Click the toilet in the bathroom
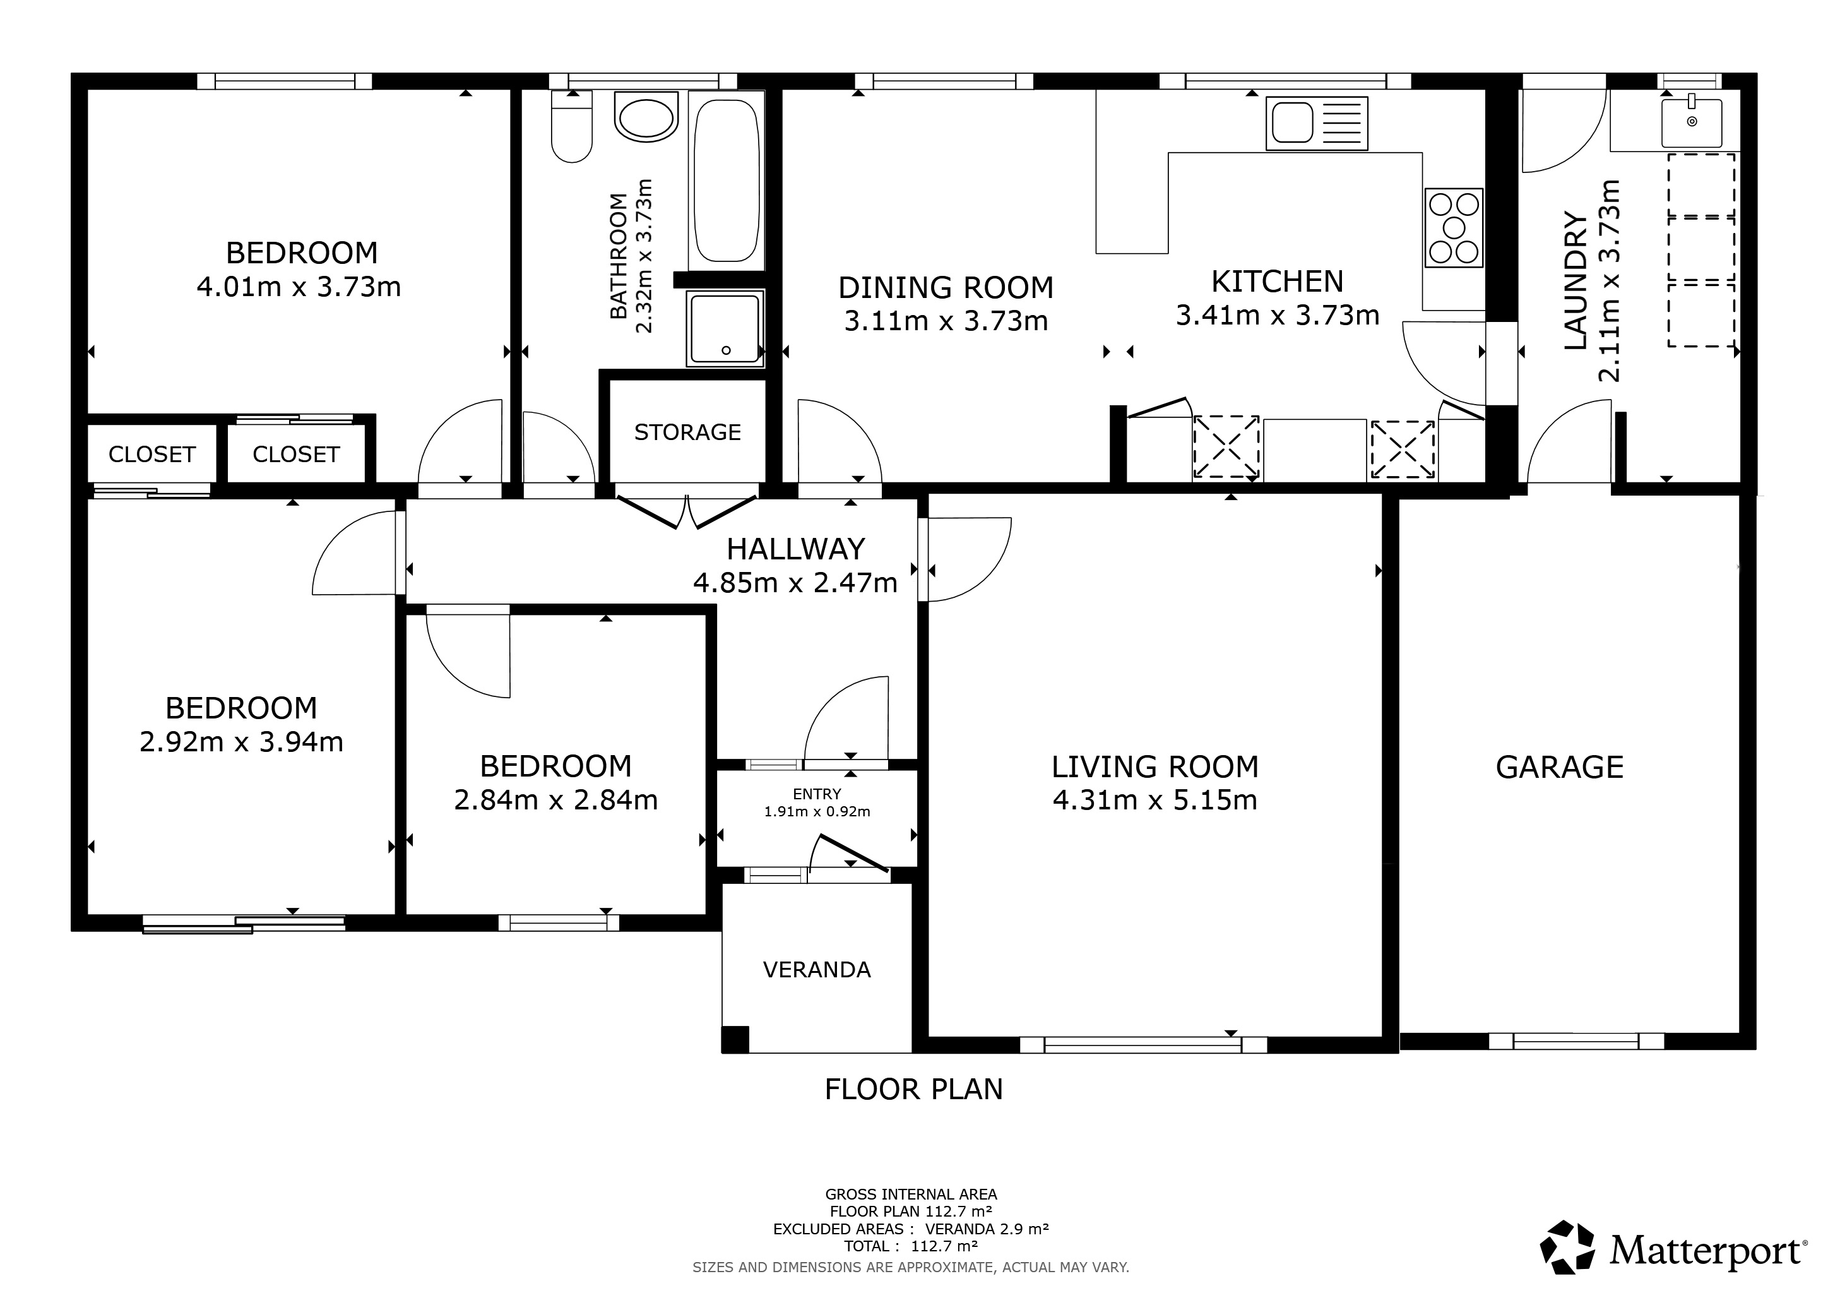click(x=572, y=128)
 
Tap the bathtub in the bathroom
click(x=726, y=181)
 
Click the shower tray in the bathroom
click(x=725, y=329)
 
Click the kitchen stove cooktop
click(x=1454, y=228)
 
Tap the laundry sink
click(x=1691, y=122)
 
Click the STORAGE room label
click(x=687, y=432)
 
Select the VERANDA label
click(x=817, y=970)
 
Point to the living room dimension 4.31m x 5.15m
click(x=1155, y=799)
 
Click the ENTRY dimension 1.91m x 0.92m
click(x=817, y=812)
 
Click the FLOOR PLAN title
click(x=914, y=1089)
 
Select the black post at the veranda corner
click(x=735, y=1040)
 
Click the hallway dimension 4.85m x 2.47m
click(x=795, y=583)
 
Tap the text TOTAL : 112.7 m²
click(x=911, y=1246)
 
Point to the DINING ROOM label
click(x=946, y=287)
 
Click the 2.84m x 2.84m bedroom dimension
click(x=555, y=799)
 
